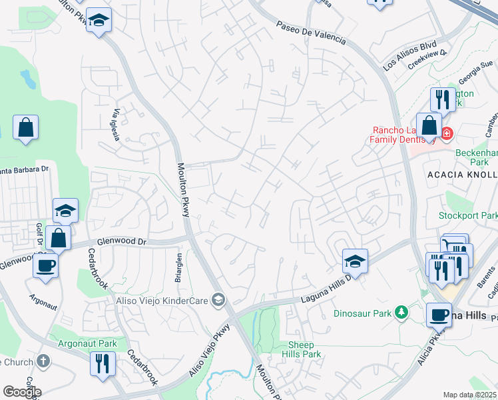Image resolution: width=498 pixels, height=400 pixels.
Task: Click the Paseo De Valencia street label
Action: coord(312,31)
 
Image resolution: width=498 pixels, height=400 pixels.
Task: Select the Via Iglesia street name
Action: coord(117,125)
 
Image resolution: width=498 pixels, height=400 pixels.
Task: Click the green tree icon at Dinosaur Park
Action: coord(401,311)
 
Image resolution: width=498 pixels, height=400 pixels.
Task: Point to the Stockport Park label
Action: coord(468,215)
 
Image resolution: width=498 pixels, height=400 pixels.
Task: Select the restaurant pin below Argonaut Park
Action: coord(103,364)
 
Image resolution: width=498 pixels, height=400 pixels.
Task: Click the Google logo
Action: coord(22,392)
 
